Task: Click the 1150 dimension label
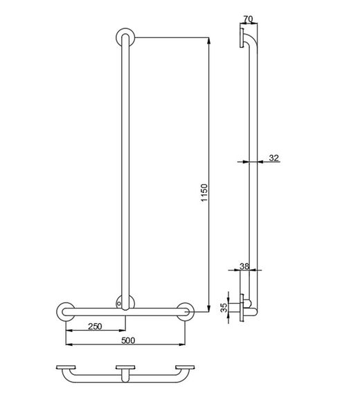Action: (x=204, y=192)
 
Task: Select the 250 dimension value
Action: (x=95, y=327)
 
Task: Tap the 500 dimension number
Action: (x=128, y=340)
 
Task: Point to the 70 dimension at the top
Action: (x=249, y=19)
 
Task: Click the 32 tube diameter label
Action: (x=274, y=158)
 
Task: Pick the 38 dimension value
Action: (x=244, y=266)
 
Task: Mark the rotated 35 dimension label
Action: (x=224, y=307)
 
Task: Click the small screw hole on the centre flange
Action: (x=118, y=304)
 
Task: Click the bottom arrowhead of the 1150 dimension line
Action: (x=208, y=308)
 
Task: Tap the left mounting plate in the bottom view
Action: (x=66, y=367)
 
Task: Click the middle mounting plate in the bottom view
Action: (x=125, y=367)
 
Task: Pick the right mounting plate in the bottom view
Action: (x=185, y=367)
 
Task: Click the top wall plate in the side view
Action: (x=241, y=37)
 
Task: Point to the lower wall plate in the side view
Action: (x=242, y=308)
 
